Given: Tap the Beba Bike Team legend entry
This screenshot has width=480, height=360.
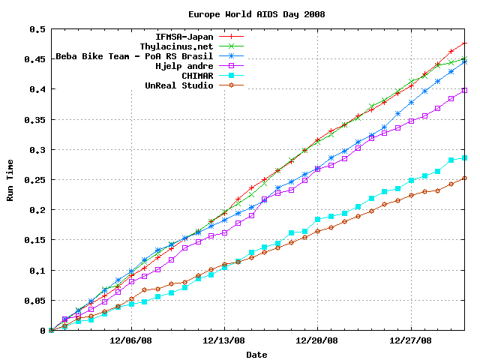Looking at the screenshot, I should [135, 56].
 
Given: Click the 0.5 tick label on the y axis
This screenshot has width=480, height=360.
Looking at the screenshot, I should [37, 29].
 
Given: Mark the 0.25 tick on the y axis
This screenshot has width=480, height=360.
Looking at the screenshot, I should [34, 180].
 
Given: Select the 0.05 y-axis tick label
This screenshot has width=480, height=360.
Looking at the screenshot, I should [34, 301].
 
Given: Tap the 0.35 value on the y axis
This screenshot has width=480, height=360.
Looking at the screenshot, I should [34, 120].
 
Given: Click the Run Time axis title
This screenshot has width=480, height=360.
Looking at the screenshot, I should [10, 180].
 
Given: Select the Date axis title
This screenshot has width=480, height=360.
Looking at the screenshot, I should [256, 354].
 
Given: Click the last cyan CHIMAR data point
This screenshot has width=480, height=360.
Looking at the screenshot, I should [464, 158].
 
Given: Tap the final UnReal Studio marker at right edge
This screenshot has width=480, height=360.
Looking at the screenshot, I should [464, 178].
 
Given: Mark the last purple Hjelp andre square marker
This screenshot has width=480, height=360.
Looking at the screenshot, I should [464, 90].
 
